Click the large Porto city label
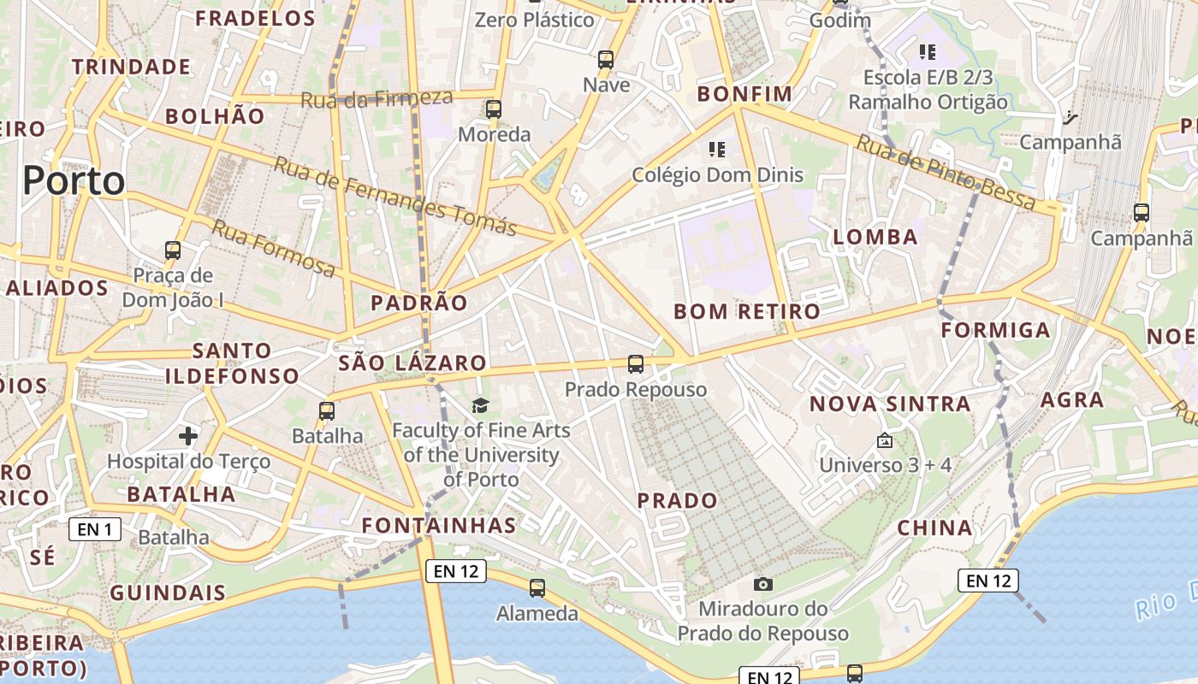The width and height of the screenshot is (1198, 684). (74, 181)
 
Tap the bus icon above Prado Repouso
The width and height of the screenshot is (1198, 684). (635, 364)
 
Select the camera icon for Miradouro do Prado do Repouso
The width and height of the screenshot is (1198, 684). (762, 584)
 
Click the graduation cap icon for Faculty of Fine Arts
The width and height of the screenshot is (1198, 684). (480, 405)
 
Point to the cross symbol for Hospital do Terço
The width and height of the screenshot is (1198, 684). (188, 436)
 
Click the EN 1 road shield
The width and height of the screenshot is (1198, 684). (94, 529)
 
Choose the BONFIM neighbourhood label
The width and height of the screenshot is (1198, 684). (744, 94)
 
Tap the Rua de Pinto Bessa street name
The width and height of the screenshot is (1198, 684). (946, 174)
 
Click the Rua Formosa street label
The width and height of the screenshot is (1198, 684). (274, 249)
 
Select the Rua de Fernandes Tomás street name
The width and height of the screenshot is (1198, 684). (394, 196)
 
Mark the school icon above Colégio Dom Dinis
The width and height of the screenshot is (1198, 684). (717, 150)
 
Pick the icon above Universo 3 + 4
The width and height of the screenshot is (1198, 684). (885, 440)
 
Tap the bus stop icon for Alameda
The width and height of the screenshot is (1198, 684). (537, 588)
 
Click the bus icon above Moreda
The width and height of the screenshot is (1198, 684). (494, 109)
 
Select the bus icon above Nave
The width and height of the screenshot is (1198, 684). (606, 60)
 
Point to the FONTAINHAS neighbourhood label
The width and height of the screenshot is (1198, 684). (439, 525)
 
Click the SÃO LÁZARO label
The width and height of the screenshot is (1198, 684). (412, 363)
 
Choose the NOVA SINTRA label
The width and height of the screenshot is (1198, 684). (890, 404)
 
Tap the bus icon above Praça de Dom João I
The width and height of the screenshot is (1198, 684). (173, 251)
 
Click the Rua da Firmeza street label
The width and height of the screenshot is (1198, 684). (377, 98)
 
